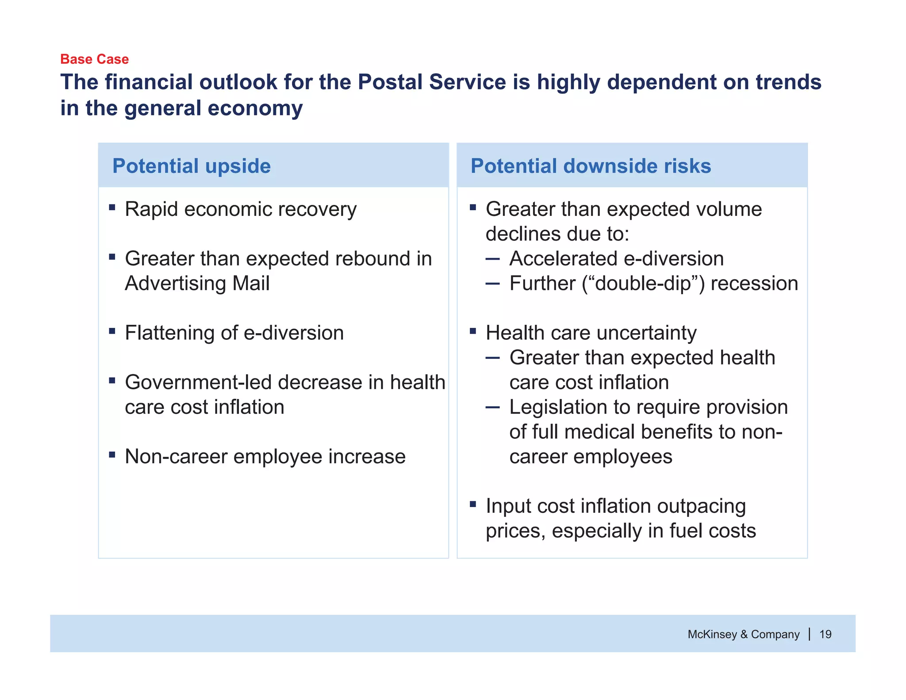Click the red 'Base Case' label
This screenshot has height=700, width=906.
(94, 59)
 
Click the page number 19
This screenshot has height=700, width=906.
(825, 634)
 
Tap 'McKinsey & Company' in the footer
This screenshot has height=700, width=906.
(743, 634)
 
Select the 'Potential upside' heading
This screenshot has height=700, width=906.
(191, 166)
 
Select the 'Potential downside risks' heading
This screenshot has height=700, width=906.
(591, 166)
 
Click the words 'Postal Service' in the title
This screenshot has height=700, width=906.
(431, 82)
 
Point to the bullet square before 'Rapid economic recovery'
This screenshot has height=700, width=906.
(112, 207)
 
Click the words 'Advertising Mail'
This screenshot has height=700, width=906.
(197, 283)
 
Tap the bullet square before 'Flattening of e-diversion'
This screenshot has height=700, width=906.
(112, 331)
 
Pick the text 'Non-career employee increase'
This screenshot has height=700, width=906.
(265, 457)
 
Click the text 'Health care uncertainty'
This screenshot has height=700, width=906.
(591, 333)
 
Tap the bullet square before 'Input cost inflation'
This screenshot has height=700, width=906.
(472, 504)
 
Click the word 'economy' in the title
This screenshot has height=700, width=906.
(255, 108)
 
